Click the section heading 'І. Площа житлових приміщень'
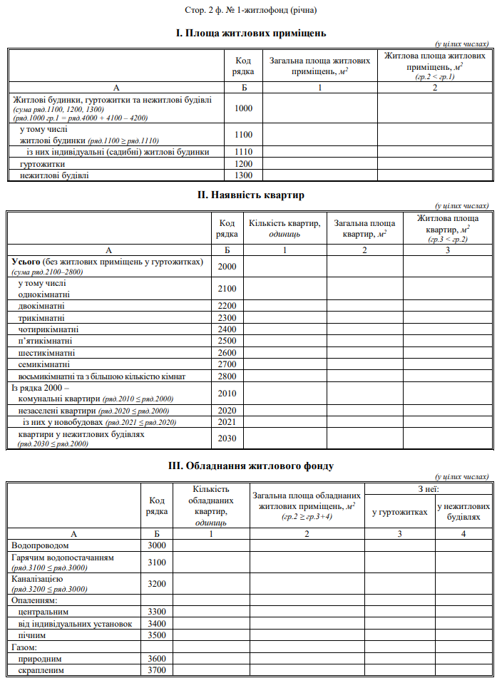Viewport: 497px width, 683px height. [248, 33]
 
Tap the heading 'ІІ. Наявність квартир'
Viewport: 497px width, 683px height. [248, 194]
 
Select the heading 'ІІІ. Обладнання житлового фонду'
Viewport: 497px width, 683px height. [248, 466]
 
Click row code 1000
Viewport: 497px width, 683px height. [243, 109]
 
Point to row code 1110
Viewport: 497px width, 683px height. [243, 152]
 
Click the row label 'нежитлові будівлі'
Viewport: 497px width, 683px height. [54, 175]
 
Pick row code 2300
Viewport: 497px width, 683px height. [227, 317]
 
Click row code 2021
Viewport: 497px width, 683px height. [227, 422]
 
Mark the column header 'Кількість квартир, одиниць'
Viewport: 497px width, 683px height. [285, 228]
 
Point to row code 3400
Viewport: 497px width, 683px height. [156, 624]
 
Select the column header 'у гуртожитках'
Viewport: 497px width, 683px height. [399, 511]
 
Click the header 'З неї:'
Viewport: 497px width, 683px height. [428, 488]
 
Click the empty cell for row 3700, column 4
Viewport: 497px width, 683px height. [463, 670]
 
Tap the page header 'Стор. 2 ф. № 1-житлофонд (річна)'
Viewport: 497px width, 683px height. [248, 10]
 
